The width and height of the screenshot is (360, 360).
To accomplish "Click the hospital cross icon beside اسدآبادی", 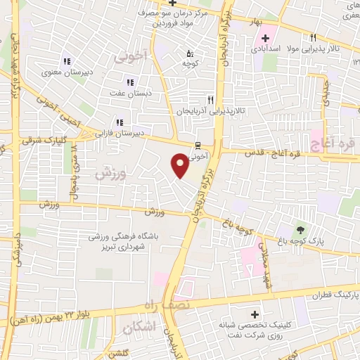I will tap(265, 37).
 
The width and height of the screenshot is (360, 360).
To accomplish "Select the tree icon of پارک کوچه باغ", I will tap(301, 229).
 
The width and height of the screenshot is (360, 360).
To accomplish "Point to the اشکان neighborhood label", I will tap(137, 328).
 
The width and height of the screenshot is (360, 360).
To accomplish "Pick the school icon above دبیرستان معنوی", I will tap(67, 60).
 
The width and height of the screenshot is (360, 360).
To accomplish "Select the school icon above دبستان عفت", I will tap(128, 82).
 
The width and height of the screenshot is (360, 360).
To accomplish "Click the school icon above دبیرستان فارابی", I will tap(119, 122).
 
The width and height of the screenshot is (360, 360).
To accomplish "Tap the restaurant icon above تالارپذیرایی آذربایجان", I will tap(210, 101).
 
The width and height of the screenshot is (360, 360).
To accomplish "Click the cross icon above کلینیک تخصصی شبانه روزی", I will tap(254, 314).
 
